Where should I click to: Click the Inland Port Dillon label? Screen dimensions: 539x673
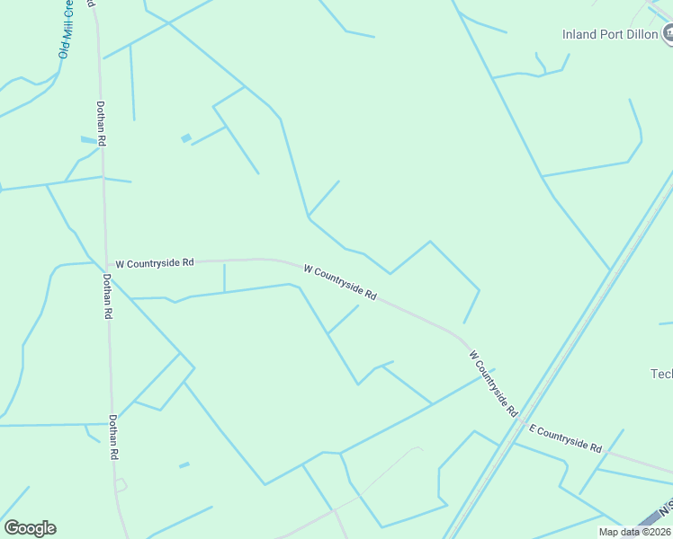click(610, 35)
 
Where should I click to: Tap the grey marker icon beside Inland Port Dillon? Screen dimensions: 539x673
click(669, 34)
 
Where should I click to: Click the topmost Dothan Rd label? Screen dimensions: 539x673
click(102, 123)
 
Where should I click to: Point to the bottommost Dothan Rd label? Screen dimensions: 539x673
click(114, 437)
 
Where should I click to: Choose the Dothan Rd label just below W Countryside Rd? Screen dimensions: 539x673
click(107, 298)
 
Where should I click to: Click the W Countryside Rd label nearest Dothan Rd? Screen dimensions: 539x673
click(155, 263)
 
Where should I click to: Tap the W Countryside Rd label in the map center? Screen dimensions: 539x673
click(339, 282)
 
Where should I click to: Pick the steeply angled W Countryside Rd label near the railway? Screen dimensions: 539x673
click(494, 384)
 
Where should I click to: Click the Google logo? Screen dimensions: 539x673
click(30, 528)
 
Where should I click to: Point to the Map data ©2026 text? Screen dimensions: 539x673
click(635, 532)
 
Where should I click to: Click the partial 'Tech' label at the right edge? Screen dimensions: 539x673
click(661, 374)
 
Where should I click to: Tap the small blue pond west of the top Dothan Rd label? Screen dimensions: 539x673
click(87, 140)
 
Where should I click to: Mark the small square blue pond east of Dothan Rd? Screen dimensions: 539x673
click(186, 137)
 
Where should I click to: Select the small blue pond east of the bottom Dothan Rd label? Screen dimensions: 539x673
click(184, 464)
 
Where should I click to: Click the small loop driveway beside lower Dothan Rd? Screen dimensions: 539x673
click(121, 485)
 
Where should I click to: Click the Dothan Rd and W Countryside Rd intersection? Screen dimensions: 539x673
click(106, 264)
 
